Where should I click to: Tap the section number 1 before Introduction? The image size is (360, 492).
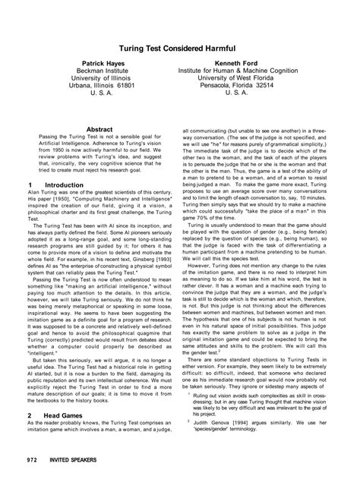point(29,184)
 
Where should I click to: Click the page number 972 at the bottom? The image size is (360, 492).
point(32,481)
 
